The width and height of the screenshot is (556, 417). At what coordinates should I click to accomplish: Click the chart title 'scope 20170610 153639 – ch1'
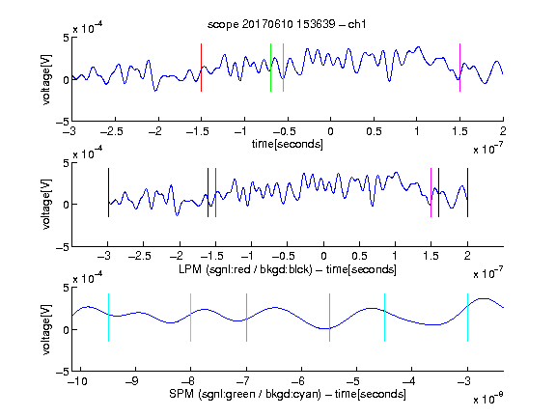[x=287, y=24]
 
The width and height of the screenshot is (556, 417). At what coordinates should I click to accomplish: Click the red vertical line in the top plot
[x=201, y=68]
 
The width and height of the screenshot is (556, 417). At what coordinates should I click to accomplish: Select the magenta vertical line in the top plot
[x=459, y=68]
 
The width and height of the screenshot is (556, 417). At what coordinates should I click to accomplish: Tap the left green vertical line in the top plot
[x=270, y=68]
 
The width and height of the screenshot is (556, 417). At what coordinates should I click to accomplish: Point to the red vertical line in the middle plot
[x=215, y=192]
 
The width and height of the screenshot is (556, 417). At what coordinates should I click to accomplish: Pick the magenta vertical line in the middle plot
[x=431, y=192]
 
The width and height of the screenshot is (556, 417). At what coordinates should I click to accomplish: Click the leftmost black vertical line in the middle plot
[x=108, y=192]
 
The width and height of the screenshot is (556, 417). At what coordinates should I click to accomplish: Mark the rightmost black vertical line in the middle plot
[x=467, y=192]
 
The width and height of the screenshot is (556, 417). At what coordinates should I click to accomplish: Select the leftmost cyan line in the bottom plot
[x=108, y=318]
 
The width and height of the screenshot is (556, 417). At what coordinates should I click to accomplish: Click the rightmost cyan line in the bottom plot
[x=467, y=318]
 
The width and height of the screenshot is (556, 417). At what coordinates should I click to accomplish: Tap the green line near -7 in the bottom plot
[x=246, y=318]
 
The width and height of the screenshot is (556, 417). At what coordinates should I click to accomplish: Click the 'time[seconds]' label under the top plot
[x=288, y=145]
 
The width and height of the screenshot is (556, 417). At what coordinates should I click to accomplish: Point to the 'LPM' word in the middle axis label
[x=190, y=269]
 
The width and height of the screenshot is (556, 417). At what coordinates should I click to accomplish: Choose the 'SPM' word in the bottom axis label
[x=181, y=394]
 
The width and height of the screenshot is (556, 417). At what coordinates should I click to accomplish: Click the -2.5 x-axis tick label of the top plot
[x=111, y=131]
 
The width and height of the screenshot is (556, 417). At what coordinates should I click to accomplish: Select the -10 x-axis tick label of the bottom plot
[x=79, y=381]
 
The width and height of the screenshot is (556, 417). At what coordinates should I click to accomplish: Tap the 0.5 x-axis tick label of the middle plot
[x=359, y=257]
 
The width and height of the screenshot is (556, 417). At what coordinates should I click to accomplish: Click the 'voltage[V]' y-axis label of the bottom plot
[x=46, y=329]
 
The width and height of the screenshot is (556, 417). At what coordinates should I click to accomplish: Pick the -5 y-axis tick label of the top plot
[x=63, y=122]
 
